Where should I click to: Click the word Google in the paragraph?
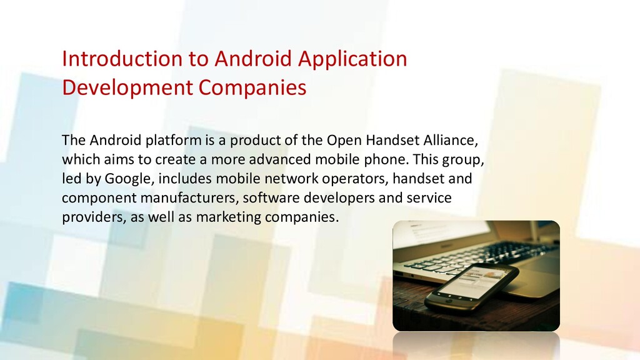click(129, 179)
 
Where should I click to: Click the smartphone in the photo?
click(472, 287)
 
